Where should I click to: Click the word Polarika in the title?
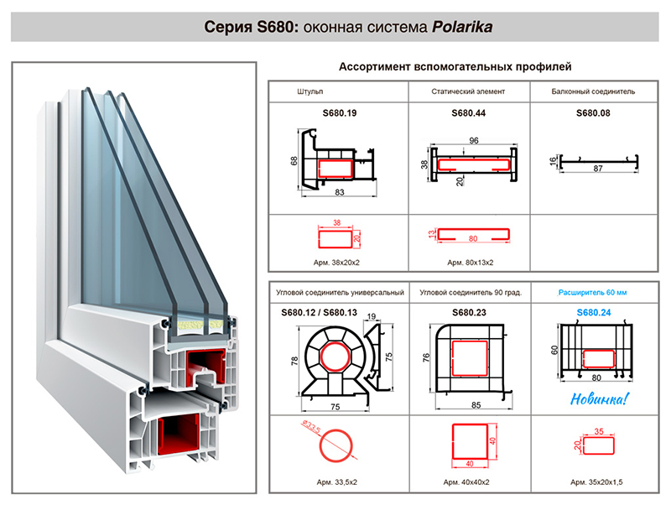tap(461, 26)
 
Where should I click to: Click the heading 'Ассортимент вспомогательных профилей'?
tap(460, 66)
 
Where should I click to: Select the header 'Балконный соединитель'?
tap(593, 91)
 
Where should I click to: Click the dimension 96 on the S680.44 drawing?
tap(473, 140)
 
